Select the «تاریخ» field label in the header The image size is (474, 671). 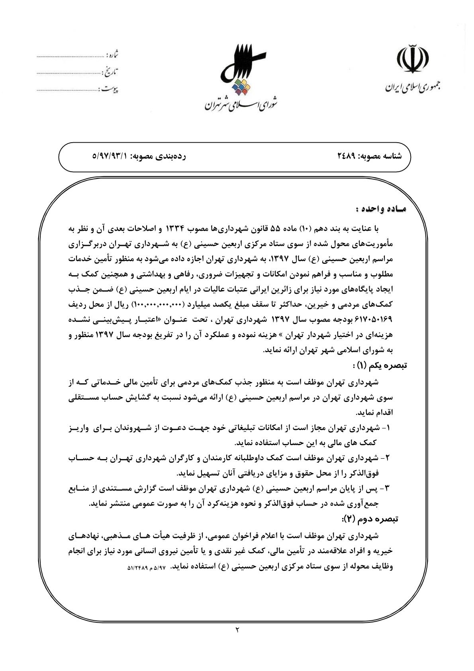click(x=111, y=73)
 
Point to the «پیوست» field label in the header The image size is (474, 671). click(x=110, y=89)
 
